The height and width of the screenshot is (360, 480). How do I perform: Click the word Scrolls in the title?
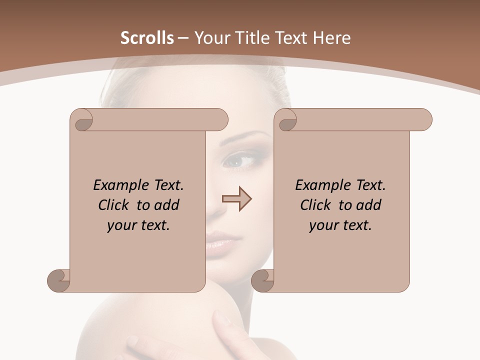[147, 38]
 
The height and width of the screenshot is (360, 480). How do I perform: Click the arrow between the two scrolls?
[236, 198]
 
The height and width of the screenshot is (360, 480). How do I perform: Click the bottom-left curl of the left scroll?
[59, 280]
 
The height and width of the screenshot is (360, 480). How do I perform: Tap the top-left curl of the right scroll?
[287, 120]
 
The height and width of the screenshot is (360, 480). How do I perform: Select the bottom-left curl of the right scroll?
[263, 280]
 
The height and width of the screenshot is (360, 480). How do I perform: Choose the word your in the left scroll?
[122, 225]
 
